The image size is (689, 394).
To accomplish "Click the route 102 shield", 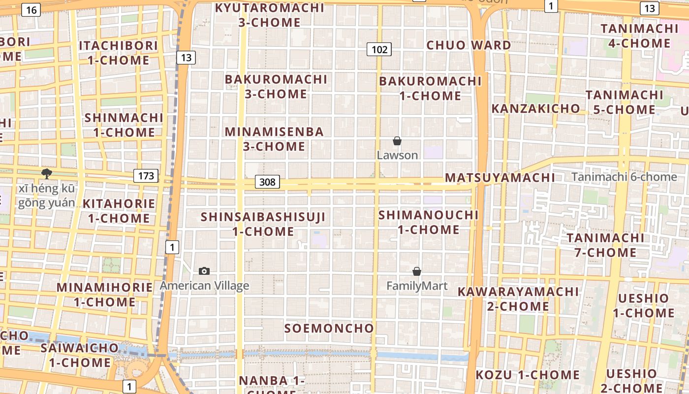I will (x=379, y=49).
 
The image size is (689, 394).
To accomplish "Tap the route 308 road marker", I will (x=267, y=182).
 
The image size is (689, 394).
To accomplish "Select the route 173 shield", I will (x=146, y=176).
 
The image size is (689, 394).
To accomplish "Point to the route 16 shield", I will (x=31, y=10).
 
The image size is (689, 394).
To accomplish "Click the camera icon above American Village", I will (x=204, y=271).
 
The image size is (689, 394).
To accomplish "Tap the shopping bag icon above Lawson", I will (x=397, y=141).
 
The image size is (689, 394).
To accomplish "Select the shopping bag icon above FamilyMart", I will (x=417, y=271).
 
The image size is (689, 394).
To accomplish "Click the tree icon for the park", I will (x=47, y=173).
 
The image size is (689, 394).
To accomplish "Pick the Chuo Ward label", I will (x=469, y=45).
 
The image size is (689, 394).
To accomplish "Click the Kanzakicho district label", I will (x=536, y=108).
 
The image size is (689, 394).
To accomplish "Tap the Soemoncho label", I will (x=329, y=328).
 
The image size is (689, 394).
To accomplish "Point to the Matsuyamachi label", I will (x=500, y=177).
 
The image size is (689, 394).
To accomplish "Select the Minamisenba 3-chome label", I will (x=274, y=139).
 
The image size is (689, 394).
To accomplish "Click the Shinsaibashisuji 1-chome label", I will (x=263, y=224).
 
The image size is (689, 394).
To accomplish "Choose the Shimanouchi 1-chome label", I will (x=428, y=222).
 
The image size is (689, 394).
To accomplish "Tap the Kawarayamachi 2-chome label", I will (x=518, y=298).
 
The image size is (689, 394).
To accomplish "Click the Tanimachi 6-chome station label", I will (x=624, y=177).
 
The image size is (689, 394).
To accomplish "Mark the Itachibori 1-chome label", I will (x=118, y=53).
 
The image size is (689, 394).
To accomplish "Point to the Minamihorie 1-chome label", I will (x=104, y=294).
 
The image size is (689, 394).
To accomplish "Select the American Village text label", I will (x=204, y=286).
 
